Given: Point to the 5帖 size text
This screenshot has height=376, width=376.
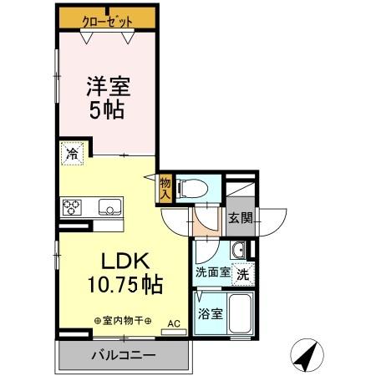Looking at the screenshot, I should tap(106, 109).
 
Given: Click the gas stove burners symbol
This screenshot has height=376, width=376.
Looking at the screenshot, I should tap(72, 206).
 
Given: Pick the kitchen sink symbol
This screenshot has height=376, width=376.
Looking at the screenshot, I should tap(109, 206).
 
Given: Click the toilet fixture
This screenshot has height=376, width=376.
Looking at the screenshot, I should tap(191, 189).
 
